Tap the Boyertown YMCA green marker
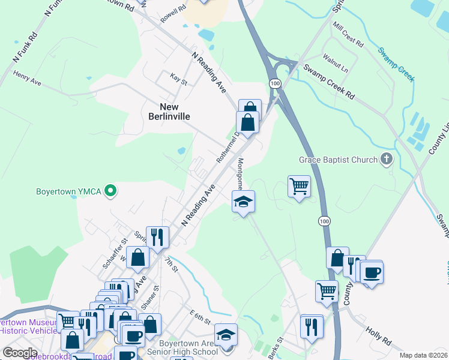coord(110,192)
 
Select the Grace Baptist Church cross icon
coord(387,160)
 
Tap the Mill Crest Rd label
coord(349,37)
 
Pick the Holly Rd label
coord(378,336)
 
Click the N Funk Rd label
coord(25,44)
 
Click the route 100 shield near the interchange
coord(275,83)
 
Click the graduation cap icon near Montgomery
coord(244,202)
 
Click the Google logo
coord(20,353)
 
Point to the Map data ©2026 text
coord(423,355)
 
